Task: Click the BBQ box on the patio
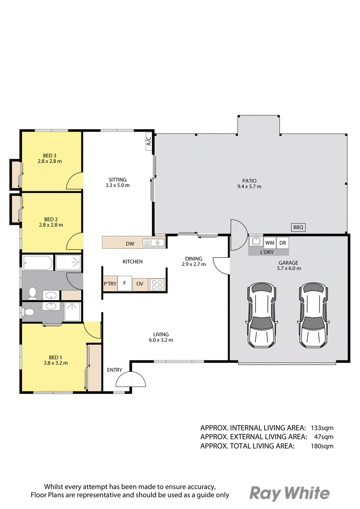pos(298,227)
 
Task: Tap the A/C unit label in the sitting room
pos(148,141)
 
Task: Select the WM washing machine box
pos(270,243)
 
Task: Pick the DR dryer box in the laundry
pos(283,243)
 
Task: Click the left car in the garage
pos(263,315)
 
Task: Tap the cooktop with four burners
pos(157,284)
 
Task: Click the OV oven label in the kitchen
pos(139,284)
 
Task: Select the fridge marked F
pos(124,284)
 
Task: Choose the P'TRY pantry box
pos(110,284)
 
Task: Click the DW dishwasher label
pos(130,244)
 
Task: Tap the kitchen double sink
pos(154,242)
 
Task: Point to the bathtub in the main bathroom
pos(37,263)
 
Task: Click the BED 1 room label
pos(56,360)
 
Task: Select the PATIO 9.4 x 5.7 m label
pos(249,184)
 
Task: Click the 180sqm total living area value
pos(322,446)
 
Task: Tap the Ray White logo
pos(289,494)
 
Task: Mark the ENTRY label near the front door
pos(115,370)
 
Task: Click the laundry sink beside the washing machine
pos(256,241)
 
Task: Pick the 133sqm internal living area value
pos(322,428)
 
